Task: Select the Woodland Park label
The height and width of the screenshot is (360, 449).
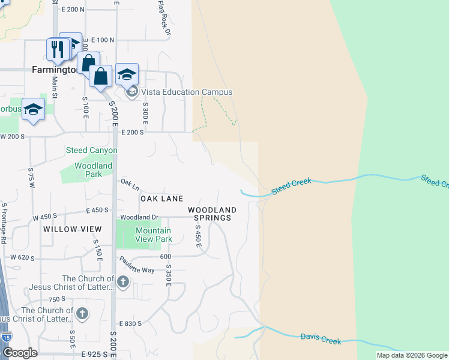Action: (x=93, y=170)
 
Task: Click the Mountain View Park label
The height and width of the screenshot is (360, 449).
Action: (x=153, y=235)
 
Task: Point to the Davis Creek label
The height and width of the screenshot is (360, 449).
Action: (x=321, y=340)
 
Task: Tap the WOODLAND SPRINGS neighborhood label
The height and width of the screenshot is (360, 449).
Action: (x=212, y=214)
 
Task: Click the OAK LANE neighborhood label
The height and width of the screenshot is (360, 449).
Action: (x=161, y=199)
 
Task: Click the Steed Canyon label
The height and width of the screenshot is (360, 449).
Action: (x=91, y=150)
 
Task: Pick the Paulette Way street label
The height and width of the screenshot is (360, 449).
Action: (x=137, y=265)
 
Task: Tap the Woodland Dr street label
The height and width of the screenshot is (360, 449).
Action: (x=139, y=217)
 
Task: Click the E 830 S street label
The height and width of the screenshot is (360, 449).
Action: (x=130, y=323)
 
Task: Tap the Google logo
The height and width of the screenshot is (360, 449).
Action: (x=20, y=353)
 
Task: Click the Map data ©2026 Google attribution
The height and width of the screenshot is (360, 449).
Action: (x=412, y=355)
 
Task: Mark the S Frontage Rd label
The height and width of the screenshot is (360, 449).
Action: (x=4, y=222)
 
